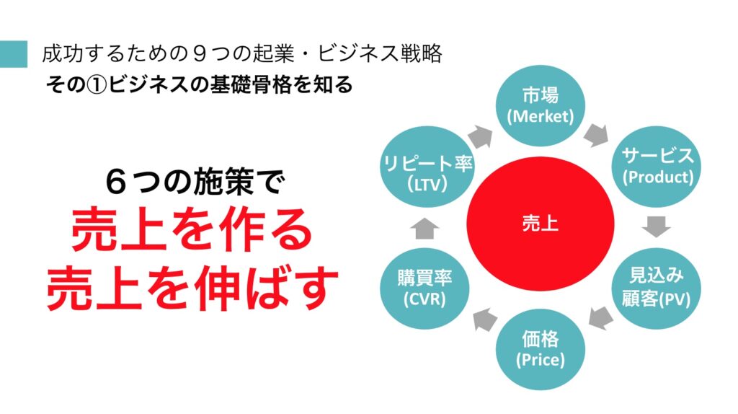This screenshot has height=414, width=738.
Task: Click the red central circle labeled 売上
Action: tap(541, 224)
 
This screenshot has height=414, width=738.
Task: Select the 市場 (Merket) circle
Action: tap(541, 105)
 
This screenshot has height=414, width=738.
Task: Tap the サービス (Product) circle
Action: tap(657, 167)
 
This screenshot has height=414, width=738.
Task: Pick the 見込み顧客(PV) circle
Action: tap(657, 288)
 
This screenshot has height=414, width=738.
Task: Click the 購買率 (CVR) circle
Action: tap(424, 288)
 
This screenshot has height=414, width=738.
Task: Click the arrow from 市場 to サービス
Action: tap(596, 135)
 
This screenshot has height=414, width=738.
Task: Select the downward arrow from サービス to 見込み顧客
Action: tap(656, 226)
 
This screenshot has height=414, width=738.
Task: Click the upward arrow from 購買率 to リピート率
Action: tap(424, 228)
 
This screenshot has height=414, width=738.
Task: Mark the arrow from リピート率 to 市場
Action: tap(480, 137)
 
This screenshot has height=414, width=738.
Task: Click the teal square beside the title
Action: tap(14, 54)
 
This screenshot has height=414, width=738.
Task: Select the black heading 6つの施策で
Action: tap(195, 182)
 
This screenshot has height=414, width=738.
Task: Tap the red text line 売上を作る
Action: tap(192, 231)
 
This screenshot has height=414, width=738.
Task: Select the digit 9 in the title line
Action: tap(200, 53)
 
